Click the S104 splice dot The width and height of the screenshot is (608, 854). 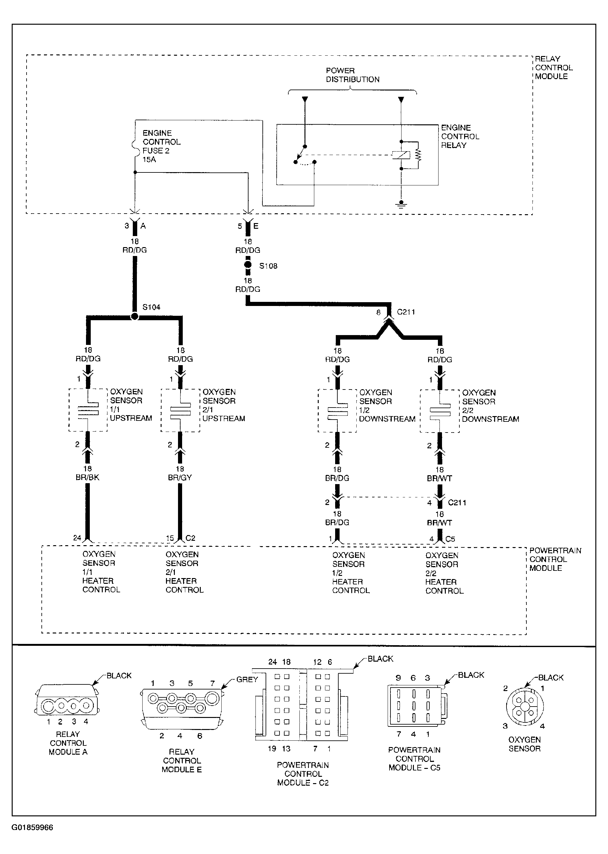pos(135,316)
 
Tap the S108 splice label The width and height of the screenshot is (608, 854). pos(268,266)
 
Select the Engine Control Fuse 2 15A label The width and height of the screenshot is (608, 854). pos(161,146)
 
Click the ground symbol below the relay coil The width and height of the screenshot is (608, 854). pos(401,204)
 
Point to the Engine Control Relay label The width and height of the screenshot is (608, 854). pos(460,136)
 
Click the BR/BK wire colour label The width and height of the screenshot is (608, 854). pos(87,477)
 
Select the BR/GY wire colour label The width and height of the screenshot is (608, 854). pos(180,477)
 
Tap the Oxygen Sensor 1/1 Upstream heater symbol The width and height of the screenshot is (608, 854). pos(88,410)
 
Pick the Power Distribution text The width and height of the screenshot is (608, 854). pos(352,75)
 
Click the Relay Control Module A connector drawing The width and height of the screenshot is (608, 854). pos(67,700)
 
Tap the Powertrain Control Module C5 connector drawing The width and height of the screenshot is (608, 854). pos(417,706)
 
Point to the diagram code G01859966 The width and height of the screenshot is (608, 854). pos(32,827)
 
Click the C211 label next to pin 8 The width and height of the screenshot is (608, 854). pos(406,312)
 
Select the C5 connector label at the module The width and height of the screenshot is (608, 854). pos(450,539)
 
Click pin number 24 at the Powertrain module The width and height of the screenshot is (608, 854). pos(77,538)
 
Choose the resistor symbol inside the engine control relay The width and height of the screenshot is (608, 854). pos(418,155)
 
